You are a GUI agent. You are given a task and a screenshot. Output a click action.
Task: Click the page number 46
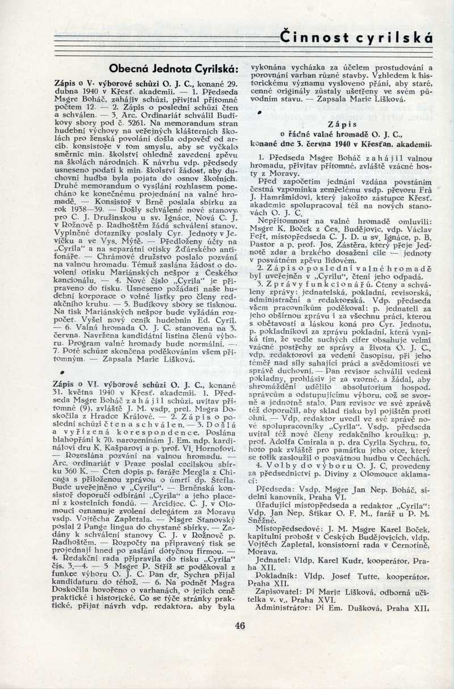[x=239, y=626]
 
